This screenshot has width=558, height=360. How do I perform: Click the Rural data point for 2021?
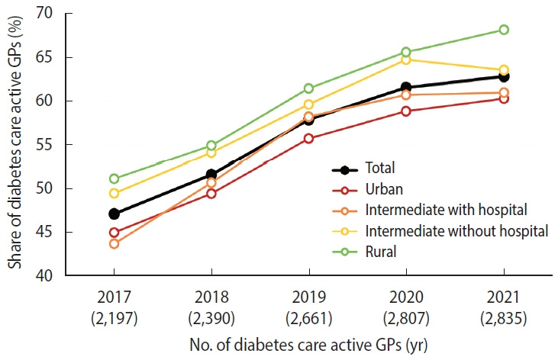(504, 30)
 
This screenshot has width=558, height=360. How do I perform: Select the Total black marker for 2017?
(114, 214)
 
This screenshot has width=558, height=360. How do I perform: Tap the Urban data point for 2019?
(308, 139)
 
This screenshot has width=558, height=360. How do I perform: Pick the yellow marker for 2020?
(406, 59)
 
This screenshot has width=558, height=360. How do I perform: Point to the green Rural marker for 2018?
(211, 146)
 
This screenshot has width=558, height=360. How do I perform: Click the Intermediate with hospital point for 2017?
(114, 244)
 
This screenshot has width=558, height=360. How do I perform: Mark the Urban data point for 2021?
(504, 98)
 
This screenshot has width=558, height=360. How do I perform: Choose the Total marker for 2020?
(406, 88)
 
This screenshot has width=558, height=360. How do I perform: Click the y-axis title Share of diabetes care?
(15, 145)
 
